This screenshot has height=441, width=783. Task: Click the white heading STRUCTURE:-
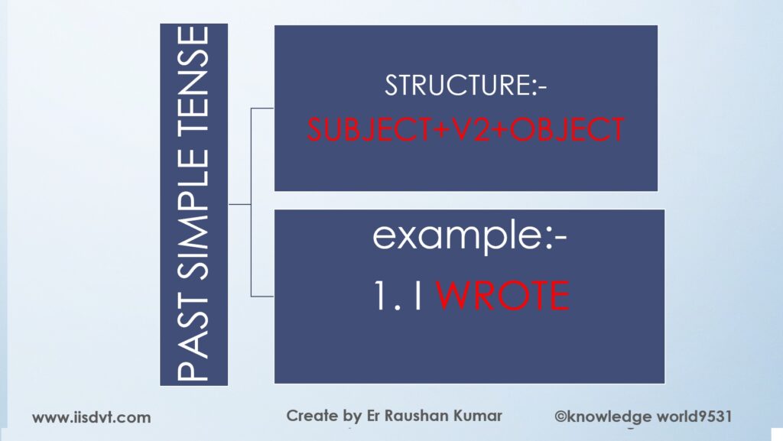click(466, 86)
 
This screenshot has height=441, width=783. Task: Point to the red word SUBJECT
click(369, 130)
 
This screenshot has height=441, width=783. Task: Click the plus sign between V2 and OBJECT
click(501, 131)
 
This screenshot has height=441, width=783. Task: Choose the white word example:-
click(469, 236)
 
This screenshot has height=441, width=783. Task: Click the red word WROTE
click(503, 296)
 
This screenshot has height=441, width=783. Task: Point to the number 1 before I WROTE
click(382, 296)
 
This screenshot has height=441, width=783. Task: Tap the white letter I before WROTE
click(419, 296)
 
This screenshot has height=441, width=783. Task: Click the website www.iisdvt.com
click(92, 417)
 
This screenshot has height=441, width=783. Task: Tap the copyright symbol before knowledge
click(560, 417)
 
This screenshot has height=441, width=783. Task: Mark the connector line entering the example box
click(262, 297)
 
